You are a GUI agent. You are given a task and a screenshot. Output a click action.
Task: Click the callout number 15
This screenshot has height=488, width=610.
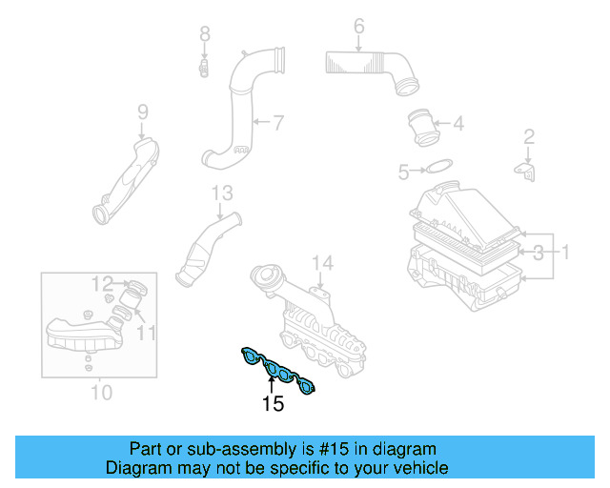tap(273, 404)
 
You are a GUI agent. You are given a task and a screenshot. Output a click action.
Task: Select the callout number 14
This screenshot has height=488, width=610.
tap(322, 263)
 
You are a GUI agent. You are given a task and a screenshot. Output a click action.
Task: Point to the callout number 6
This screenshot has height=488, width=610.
tap(358, 27)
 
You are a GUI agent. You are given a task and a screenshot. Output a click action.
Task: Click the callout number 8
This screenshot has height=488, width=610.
tap(204, 35)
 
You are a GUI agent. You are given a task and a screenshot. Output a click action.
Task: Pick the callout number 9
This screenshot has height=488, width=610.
tap(143, 112)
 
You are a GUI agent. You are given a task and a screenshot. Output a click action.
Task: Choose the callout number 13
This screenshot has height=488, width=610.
tap(221, 193)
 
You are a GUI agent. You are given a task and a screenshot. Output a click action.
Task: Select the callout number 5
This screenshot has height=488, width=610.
tap(403, 173)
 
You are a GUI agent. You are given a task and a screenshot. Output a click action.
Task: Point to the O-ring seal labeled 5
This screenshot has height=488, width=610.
tap(437, 169)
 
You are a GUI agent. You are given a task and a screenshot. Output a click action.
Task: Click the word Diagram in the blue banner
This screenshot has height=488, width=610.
tap(137, 468)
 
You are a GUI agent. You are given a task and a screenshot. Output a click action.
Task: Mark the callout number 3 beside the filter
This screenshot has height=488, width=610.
tap(539, 253)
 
